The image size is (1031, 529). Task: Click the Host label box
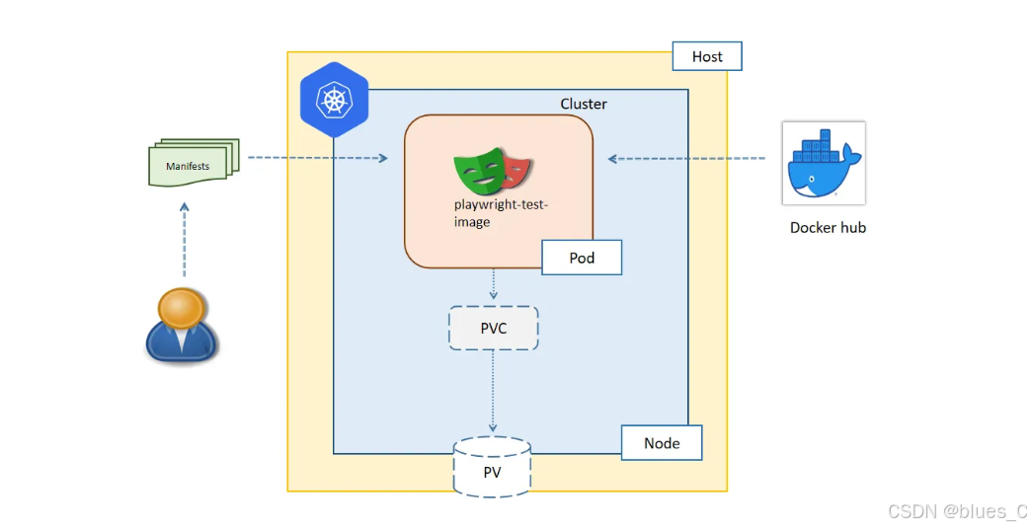(706, 56)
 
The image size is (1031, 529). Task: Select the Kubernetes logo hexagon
(334, 100)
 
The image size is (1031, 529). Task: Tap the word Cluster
(584, 104)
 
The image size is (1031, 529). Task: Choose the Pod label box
(582, 258)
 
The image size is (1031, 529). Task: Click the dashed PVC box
(494, 328)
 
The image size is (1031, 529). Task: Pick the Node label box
(661, 443)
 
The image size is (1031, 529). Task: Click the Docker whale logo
(823, 163)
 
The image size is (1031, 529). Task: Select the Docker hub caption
(828, 227)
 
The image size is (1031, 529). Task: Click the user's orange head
(182, 309)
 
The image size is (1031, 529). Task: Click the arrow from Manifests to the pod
(316, 158)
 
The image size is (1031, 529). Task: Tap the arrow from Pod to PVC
(494, 286)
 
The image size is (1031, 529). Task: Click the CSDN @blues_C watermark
(957, 511)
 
